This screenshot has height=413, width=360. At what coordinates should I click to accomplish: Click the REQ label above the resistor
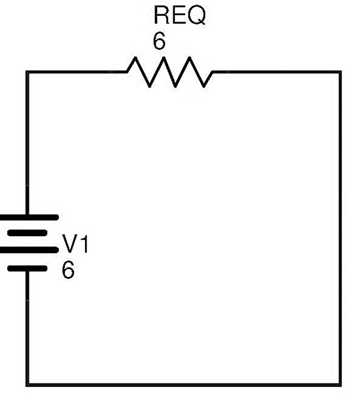click(x=179, y=16)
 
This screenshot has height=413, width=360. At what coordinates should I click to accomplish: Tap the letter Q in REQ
click(x=196, y=16)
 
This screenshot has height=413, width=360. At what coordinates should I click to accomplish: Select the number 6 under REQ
click(x=159, y=41)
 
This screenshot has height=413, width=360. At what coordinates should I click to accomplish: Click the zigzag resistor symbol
click(x=170, y=71)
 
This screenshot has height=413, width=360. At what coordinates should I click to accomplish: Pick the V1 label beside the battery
click(x=75, y=244)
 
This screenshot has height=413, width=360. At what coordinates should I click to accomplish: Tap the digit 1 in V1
click(x=84, y=244)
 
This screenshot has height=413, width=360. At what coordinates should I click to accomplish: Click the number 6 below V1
click(x=68, y=270)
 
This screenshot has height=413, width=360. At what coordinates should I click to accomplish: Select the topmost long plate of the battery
click(x=28, y=217)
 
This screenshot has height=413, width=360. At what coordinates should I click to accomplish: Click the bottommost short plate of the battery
click(x=27, y=268)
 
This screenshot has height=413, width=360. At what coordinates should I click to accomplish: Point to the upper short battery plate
click(x=27, y=233)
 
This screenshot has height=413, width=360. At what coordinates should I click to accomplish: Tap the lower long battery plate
click(x=28, y=249)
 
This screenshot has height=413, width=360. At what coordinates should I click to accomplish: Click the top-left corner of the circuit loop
click(x=27, y=72)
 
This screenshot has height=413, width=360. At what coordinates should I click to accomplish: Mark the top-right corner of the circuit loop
click(x=340, y=72)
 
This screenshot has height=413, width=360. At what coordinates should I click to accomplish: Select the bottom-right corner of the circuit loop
click(x=340, y=385)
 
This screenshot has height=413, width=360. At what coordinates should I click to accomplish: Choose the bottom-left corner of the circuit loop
click(x=27, y=385)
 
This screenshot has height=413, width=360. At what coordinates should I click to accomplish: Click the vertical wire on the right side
click(x=340, y=228)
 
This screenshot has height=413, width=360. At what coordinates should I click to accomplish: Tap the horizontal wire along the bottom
click(x=183, y=385)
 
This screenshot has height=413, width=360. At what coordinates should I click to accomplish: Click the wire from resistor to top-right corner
click(x=277, y=72)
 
